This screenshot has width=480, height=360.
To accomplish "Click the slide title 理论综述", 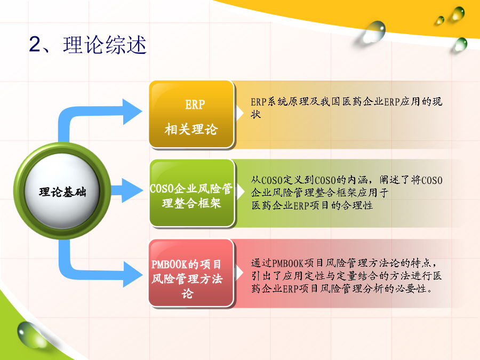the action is point(105,45).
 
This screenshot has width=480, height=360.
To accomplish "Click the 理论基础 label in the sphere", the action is point(62,192).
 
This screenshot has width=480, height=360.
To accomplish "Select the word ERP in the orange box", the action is point(195,105).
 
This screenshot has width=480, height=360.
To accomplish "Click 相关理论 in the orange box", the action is point(191,129).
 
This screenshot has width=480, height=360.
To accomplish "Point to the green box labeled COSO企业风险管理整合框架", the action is point(192,193).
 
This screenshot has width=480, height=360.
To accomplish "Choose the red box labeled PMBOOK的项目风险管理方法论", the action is point(191,273).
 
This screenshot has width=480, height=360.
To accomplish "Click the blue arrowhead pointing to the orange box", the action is point(132,111).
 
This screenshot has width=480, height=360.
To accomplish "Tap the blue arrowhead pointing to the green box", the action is point(132,190).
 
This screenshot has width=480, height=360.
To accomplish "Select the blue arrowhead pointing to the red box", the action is point(133,274).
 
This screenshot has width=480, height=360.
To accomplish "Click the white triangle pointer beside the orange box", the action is point(239,113).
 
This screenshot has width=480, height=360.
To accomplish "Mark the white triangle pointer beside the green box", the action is point(240,192).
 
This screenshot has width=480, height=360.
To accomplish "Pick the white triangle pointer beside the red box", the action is point(239,273).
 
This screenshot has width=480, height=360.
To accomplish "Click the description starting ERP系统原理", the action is point(346,107).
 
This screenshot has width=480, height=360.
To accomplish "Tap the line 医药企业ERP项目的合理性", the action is point(312,205).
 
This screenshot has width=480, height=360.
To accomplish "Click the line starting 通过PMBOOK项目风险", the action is point(343,263).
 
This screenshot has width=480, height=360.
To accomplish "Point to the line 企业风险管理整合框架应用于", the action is point(319,193).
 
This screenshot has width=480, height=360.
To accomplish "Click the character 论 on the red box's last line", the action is point(187,293).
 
